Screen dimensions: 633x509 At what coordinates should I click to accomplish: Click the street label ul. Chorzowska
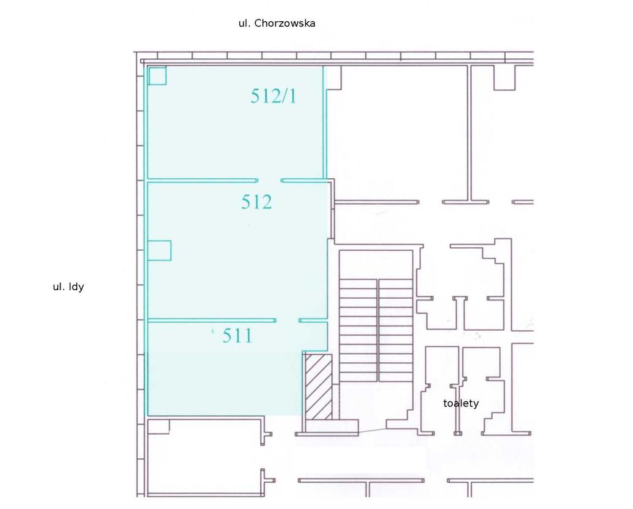pyautogui.click(x=277, y=23)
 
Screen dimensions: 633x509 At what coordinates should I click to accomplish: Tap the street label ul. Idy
pyautogui.click(x=68, y=286)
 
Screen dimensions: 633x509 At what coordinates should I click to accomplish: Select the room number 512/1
pyautogui.click(x=273, y=96)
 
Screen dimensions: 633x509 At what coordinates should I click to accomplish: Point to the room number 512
pyautogui.click(x=257, y=201)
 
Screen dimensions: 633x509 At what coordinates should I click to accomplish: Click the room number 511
pyautogui.click(x=238, y=335)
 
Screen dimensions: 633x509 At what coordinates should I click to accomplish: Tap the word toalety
pyautogui.click(x=461, y=403)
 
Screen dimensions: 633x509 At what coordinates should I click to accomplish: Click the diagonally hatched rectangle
pyautogui.click(x=318, y=387)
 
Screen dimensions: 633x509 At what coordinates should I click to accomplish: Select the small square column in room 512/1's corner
pyautogui.click(x=157, y=76)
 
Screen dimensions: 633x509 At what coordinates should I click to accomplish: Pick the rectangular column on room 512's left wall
pyautogui.click(x=159, y=250)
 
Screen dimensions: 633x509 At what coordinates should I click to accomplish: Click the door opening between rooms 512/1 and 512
pyautogui.click(x=270, y=180)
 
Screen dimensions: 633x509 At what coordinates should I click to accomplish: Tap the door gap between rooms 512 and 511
pyautogui.click(x=288, y=321)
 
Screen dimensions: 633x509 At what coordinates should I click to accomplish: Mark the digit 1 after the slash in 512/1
pyautogui.click(x=292, y=96)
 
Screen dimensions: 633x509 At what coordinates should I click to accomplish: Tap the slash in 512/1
pyautogui.click(x=284, y=96)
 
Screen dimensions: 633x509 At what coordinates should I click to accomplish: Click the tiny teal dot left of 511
pyautogui.click(x=213, y=332)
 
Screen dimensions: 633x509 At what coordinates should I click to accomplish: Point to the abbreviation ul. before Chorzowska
pyautogui.click(x=244, y=23)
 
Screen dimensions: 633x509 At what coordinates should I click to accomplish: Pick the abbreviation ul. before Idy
pyautogui.click(x=59, y=286)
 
